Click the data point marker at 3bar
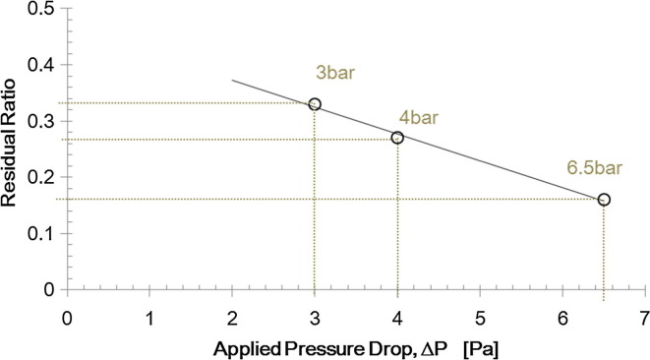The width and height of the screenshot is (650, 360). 315,104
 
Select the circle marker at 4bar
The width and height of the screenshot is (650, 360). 397,138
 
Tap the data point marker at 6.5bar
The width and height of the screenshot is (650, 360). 604,200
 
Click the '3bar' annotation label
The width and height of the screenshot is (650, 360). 330,74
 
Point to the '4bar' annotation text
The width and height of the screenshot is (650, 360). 419,118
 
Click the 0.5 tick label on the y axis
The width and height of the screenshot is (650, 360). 38,9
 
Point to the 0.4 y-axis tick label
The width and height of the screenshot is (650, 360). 38,65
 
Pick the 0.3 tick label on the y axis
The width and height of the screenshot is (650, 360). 38,121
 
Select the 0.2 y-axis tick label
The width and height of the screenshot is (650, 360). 38,178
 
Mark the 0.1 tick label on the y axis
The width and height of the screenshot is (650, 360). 38,234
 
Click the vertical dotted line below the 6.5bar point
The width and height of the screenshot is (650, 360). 604,246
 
